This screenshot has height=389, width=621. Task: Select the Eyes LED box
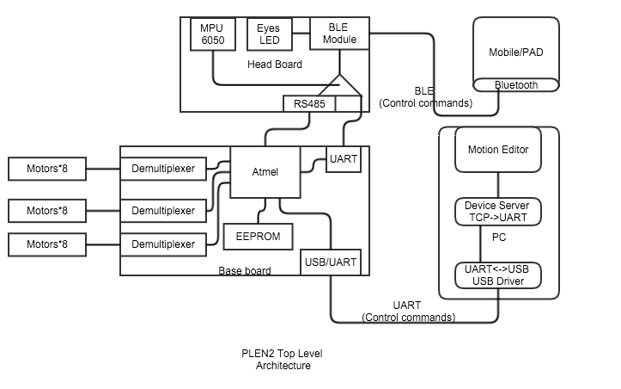pos(268,35)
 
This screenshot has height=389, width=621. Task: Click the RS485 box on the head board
pos(308,103)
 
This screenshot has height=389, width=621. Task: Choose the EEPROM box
pos(258,235)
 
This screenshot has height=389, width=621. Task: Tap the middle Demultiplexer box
pos(163,210)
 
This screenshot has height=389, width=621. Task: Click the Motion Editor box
pos(498,150)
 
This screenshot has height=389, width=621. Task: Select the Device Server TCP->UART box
pos(498,212)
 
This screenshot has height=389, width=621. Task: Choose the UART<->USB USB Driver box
pos(498,276)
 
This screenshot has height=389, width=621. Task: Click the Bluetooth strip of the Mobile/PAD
pos(516,85)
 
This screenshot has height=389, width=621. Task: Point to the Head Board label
pos(274,65)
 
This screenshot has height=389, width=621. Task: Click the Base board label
pos(244,271)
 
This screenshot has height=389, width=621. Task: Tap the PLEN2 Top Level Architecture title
pos(283,360)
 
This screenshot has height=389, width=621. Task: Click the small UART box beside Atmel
pos(343,159)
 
